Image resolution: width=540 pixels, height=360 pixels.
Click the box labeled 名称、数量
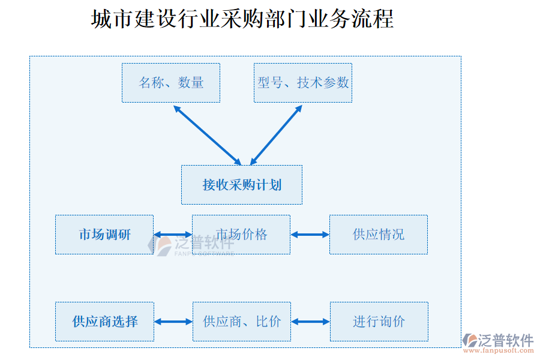[171, 83]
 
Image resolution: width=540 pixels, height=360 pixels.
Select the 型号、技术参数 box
[303, 83]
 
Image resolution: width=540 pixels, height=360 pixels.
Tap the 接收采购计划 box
[242, 185]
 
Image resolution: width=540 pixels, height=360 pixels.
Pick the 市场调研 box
[104, 235]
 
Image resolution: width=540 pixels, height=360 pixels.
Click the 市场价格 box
[241, 235]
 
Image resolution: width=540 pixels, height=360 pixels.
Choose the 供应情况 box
[379, 235]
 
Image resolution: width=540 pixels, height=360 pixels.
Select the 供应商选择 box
[105, 322]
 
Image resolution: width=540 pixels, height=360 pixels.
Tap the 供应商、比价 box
[242, 322]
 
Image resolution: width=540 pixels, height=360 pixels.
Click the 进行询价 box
[379, 322]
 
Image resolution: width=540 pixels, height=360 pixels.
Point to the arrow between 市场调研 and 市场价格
[173, 235]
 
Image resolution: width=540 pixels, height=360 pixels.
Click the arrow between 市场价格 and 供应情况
[310, 235]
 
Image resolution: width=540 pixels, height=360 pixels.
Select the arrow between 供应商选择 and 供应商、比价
[173, 322]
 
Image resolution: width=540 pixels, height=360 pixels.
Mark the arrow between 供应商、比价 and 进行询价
[310, 322]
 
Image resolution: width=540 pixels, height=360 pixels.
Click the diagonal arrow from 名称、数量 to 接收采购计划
[207, 135]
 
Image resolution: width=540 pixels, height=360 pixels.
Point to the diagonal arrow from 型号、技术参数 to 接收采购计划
[276, 135]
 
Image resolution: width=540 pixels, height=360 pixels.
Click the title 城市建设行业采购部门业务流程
[242, 19]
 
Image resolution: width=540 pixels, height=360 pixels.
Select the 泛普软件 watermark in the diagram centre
[192, 244]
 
